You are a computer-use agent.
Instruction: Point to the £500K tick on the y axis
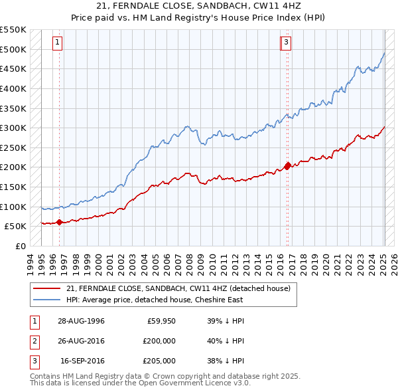click(x=13, y=49)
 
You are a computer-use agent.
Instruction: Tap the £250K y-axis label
click(x=13, y=147)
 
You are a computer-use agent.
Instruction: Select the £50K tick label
click(x=16, y=227)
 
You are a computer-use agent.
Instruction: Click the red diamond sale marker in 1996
click(x=59, y=222)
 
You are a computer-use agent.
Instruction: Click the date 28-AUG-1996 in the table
click(x=81, y=321)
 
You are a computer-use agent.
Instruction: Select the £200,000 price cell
click(x=159, y=341)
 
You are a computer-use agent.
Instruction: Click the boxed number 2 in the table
click(x=34, y=341)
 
